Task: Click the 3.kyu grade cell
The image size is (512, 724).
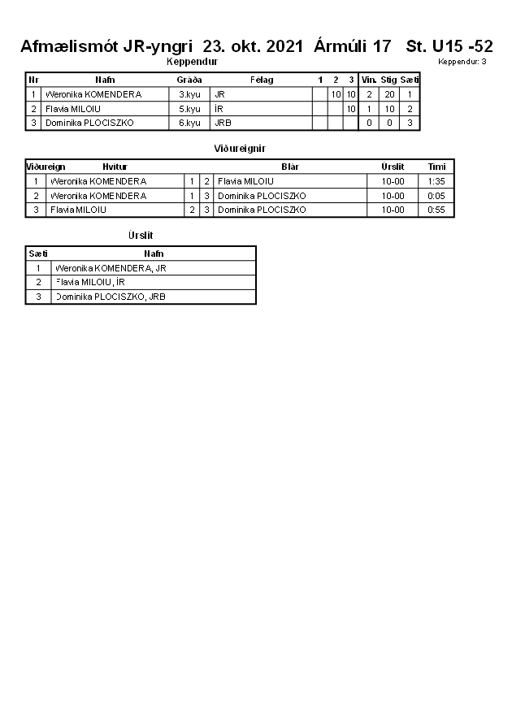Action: (189, 94)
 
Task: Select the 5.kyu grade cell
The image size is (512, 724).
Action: (189, 109)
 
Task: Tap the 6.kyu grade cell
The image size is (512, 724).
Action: (189, 123)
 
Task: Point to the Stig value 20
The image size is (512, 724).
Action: (388, 94)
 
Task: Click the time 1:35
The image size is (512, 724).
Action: (436, 181)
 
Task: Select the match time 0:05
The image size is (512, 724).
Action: (436, 196)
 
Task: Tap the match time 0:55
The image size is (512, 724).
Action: (436, 210)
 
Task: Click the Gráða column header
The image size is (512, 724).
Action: (189, 80)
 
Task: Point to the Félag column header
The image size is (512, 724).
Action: (262, 80)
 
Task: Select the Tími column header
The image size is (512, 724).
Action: (436, 167)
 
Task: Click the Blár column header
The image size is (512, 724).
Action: (290, 167)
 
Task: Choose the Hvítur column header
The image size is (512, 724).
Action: (115, 167)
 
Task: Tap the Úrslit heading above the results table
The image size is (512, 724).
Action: (141, 235)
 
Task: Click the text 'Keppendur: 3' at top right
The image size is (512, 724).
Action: (462, 62)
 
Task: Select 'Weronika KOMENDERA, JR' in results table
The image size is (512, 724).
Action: (111, 268)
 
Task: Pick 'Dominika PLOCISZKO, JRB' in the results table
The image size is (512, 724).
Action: (111, 297)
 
